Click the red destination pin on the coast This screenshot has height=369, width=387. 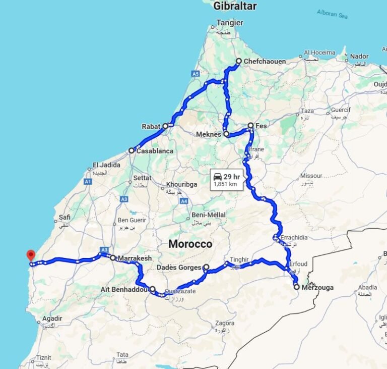31,255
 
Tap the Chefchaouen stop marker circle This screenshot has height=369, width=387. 239,62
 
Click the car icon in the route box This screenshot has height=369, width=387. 218,176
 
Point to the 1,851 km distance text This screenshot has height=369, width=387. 225,184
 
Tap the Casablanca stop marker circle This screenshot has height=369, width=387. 131,150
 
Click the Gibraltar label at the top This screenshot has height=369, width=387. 235,6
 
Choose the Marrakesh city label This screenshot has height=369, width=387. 135,258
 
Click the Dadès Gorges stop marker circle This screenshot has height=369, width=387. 206,267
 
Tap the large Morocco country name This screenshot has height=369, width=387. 190,244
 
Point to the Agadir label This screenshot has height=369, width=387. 52,319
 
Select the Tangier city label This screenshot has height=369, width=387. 229,23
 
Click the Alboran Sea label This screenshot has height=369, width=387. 333,14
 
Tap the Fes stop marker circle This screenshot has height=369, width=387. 250,125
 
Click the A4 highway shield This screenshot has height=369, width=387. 184,201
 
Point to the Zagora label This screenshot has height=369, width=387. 224,323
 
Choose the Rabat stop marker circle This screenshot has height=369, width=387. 165,126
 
